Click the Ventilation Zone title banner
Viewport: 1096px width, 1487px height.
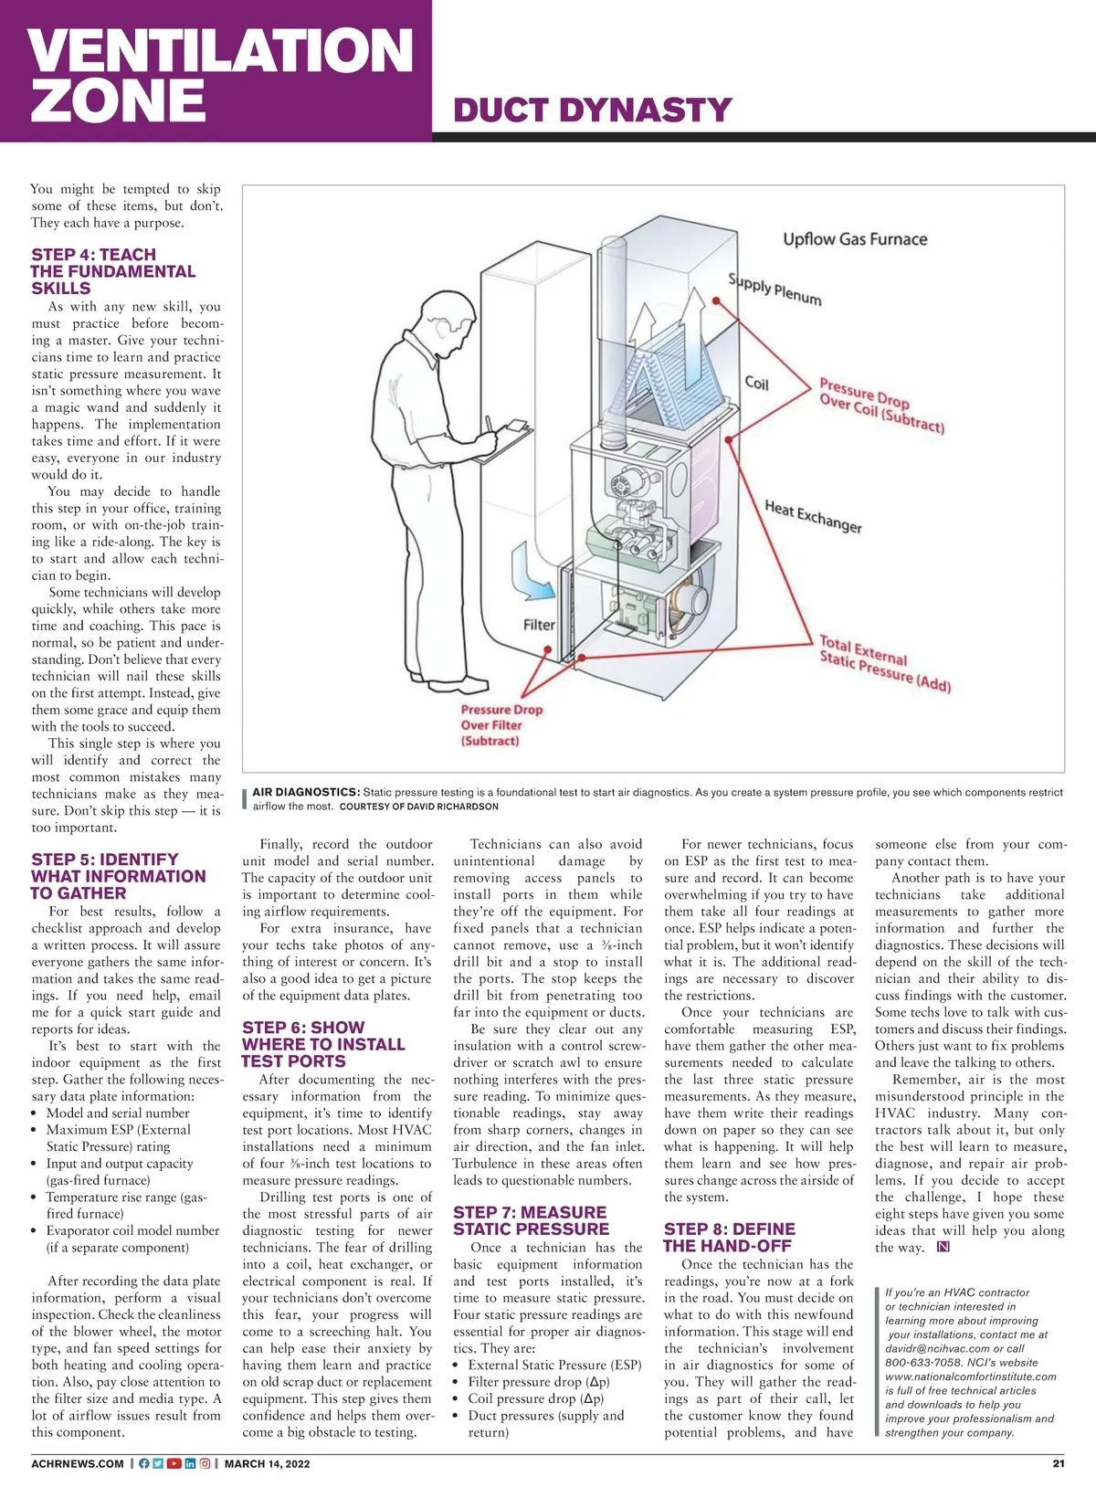(219, 73)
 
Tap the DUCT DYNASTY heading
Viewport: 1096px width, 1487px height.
(592, 111)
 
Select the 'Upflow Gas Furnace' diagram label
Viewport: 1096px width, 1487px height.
(854, 239)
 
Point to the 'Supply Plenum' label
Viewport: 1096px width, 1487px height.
(775, 289)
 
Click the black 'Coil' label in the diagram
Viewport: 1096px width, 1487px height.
(756, 383)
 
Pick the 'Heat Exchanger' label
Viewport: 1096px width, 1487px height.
(813, 516)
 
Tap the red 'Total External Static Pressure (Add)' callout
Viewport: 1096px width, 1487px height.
(884, 664)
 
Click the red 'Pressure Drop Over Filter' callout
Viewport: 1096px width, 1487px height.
(501, 725)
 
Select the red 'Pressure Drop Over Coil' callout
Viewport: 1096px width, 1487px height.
(880, 405)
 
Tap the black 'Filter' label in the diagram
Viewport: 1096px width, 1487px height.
(539, 625)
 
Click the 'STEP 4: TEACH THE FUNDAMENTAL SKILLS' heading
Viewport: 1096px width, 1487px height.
(113, 271)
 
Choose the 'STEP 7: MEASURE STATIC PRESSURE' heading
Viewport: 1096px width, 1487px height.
(531, 1220)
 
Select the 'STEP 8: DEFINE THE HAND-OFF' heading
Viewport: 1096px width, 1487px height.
(729, 1238)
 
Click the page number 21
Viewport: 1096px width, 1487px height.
(1059, 1463)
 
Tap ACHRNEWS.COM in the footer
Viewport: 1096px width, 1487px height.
(78, 1463)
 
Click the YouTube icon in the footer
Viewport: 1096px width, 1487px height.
(174, 1463)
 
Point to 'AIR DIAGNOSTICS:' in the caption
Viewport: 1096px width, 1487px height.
(306, 792)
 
